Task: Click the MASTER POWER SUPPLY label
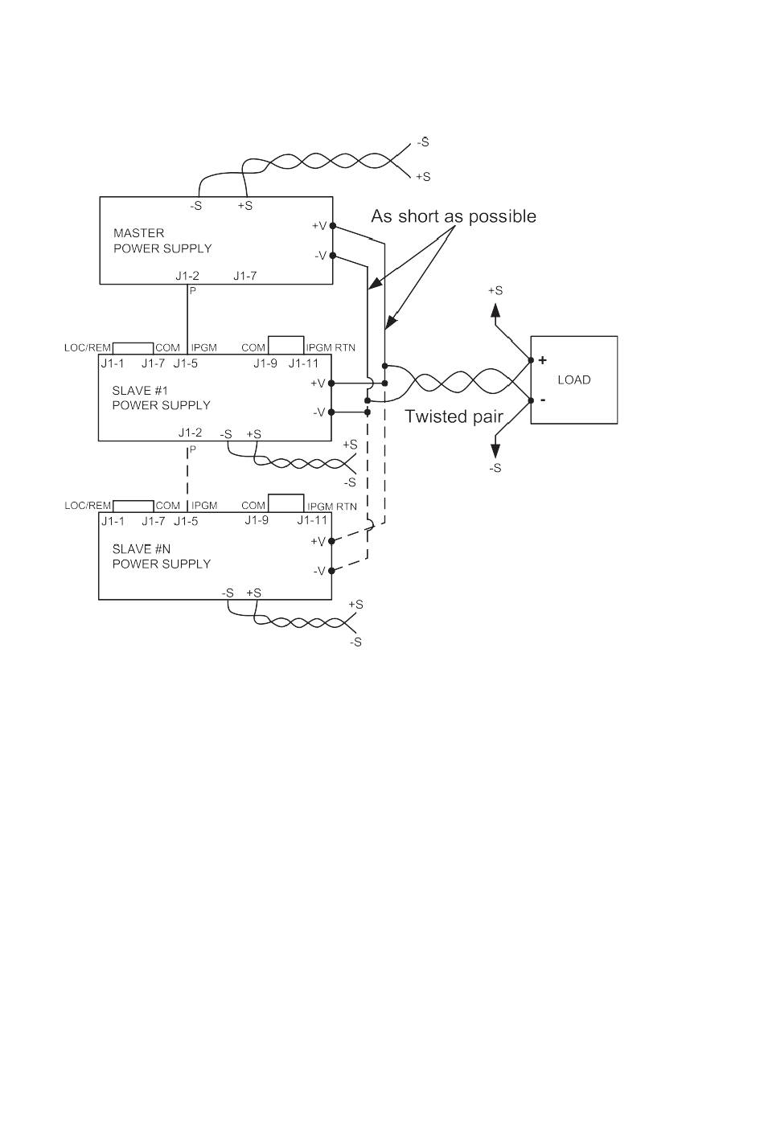pos(162,240)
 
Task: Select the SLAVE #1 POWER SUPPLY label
pos(161,398)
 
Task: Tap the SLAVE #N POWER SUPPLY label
pos(162,556)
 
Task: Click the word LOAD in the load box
pos(574,380)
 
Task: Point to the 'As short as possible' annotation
pos(454,216)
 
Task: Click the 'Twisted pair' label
pos(454,416)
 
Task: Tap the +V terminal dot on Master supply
pos(333,227)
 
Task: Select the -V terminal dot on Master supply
pos(333,256)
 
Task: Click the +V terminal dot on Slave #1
pos(331,383)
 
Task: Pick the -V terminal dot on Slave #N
pos(331,571)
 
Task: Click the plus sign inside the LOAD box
pos(543,360)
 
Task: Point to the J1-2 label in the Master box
pos(187,276)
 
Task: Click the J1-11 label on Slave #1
pos(303,363)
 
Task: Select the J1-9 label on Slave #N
pos(257,520)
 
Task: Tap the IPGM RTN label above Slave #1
pos(331,347)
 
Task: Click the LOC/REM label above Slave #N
pos(88,506)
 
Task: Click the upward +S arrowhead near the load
pos(495,310)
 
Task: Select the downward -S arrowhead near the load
pos(495,451)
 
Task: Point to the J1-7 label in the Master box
pos(244,276)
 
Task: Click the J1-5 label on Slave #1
pos(186,363)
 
